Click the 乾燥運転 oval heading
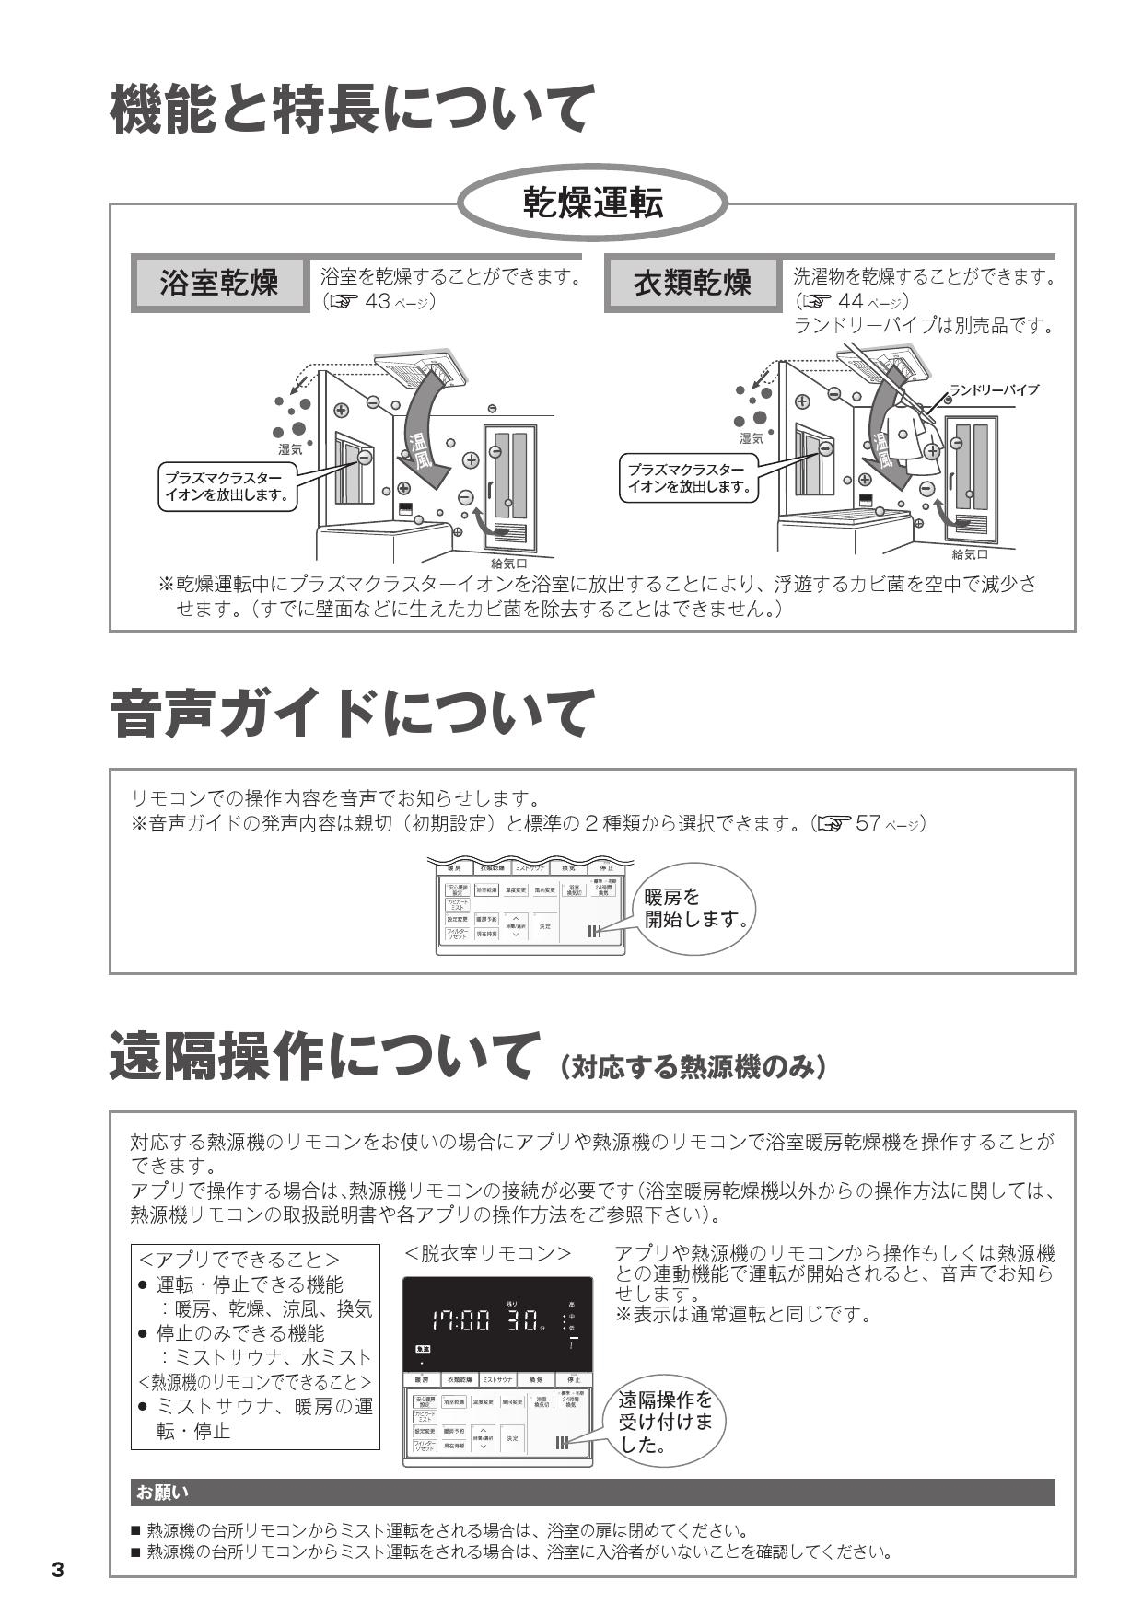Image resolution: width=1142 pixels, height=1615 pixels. tap(592, 202)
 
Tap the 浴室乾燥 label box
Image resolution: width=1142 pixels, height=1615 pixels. tap(219, 283)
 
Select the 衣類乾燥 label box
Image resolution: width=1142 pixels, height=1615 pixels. tap(693, 283)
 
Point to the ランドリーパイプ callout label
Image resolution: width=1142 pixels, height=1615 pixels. tap(994, 389)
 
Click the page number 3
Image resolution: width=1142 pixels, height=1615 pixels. tap(58, 1570)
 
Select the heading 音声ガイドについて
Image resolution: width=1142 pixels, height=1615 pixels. tap(350, 715)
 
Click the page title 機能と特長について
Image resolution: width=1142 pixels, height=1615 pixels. tap(350, 109)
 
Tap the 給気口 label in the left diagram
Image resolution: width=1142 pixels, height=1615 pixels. tap(508, 563)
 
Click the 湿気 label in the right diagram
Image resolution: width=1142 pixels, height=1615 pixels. tap(752, 438)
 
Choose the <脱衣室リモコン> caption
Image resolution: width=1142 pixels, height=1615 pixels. tap(487, 1254)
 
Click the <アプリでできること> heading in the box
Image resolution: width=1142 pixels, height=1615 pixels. tap(239, 1260)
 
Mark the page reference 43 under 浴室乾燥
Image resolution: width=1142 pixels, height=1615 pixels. tap(378, 301)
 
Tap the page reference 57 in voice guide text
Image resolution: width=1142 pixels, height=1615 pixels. tap(868, 823)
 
